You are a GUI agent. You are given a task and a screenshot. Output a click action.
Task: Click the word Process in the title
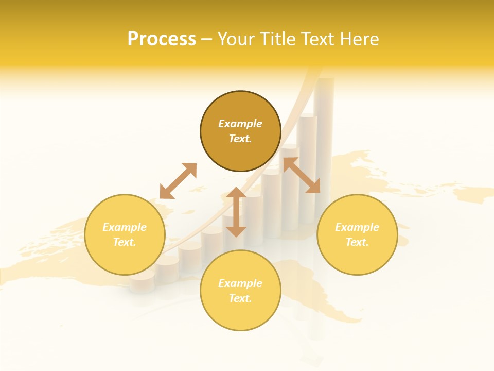click(x=162, y=39)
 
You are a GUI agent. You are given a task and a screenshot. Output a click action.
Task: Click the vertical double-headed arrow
click(x=236, y=212)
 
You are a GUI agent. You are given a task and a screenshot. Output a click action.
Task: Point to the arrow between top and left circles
click(x=178, y=181)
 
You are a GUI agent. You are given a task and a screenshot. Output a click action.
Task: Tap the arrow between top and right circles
click(x=302, y=176)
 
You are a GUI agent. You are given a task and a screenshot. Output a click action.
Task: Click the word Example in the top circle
click(x=240, y=124)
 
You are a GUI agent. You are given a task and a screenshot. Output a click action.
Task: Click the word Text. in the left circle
click(x=125, y=242)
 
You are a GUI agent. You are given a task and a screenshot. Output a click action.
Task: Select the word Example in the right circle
click(x=357, y=227)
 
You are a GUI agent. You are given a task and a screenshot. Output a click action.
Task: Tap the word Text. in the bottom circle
click(x=240, y=298)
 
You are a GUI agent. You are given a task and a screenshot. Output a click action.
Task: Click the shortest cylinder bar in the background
click(x=142, y=282)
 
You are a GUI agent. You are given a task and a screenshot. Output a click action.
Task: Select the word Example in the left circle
click(x=125, y=227)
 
